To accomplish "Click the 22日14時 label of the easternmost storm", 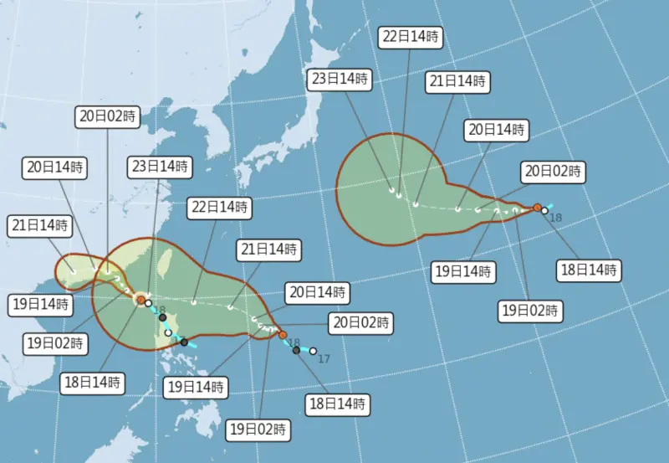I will (x=411, y=36).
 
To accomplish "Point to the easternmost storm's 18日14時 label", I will (x=589, y=270).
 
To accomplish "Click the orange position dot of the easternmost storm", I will (x=537, y=207).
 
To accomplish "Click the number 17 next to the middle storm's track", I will (x=324, y=358).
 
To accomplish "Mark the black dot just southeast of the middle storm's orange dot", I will (x=296, y=350).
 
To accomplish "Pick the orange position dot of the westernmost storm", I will (x=141, y=299).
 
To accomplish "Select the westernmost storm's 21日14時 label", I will (x=40, y=225).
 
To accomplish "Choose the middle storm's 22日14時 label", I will (x=219, y=207).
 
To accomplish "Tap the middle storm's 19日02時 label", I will (x=258, y=430).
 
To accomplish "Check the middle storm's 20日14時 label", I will (x=316, y=292).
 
